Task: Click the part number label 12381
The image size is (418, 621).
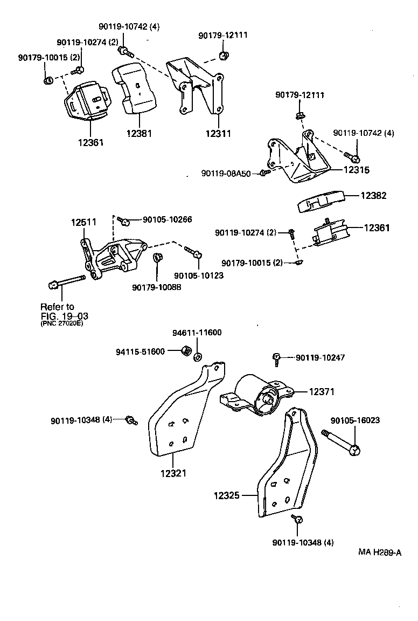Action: click(139, 133)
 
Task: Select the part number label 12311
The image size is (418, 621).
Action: click(218, 133)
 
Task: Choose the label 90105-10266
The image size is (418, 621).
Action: click(167, 219)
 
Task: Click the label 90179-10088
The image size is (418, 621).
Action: click(156, 287)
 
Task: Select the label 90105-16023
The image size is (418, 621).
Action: click(355, 420)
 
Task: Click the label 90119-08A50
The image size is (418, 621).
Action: click(226, 174)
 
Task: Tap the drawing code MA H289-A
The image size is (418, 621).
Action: click(380, 552)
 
